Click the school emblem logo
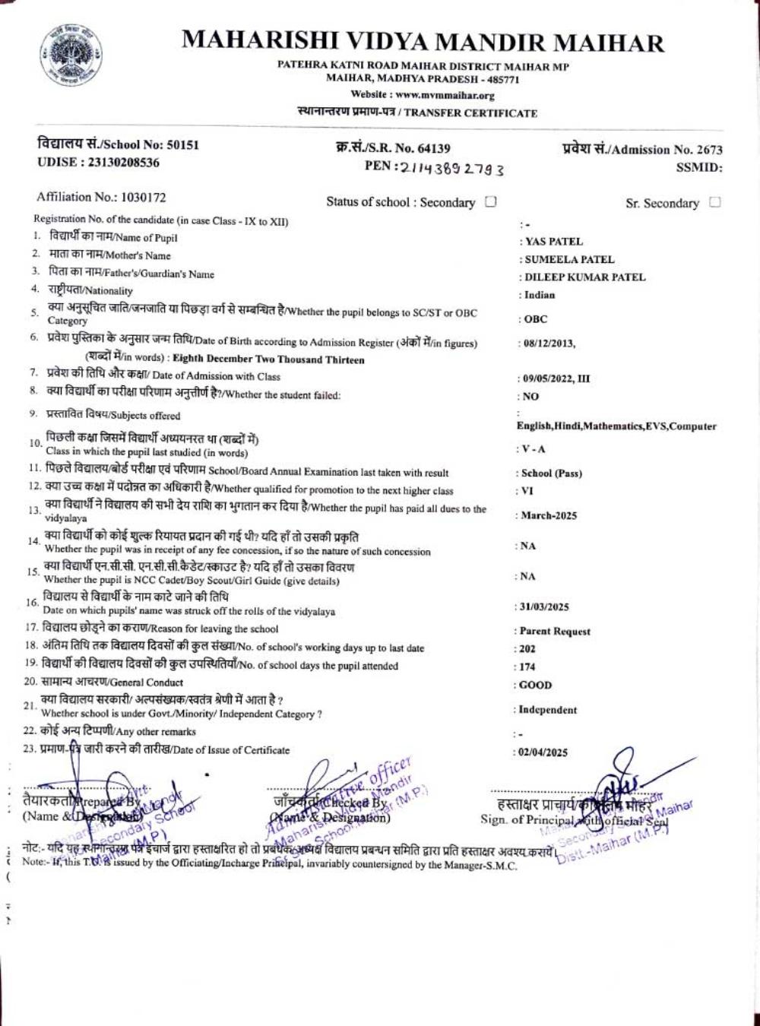tap(70, 54)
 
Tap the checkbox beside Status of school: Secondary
tap(491, 202)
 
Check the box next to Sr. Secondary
tap(714, 203)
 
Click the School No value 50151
tap(182, 144)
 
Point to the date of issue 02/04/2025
tap(543, 752)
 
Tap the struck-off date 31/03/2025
tap(544, 607)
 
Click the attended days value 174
tap(527, 667)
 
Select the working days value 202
tap(527, 649)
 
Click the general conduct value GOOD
tap(536, 685)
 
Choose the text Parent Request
tap(555, 632)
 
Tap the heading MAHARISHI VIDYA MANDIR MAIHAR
tap(423, 42)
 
